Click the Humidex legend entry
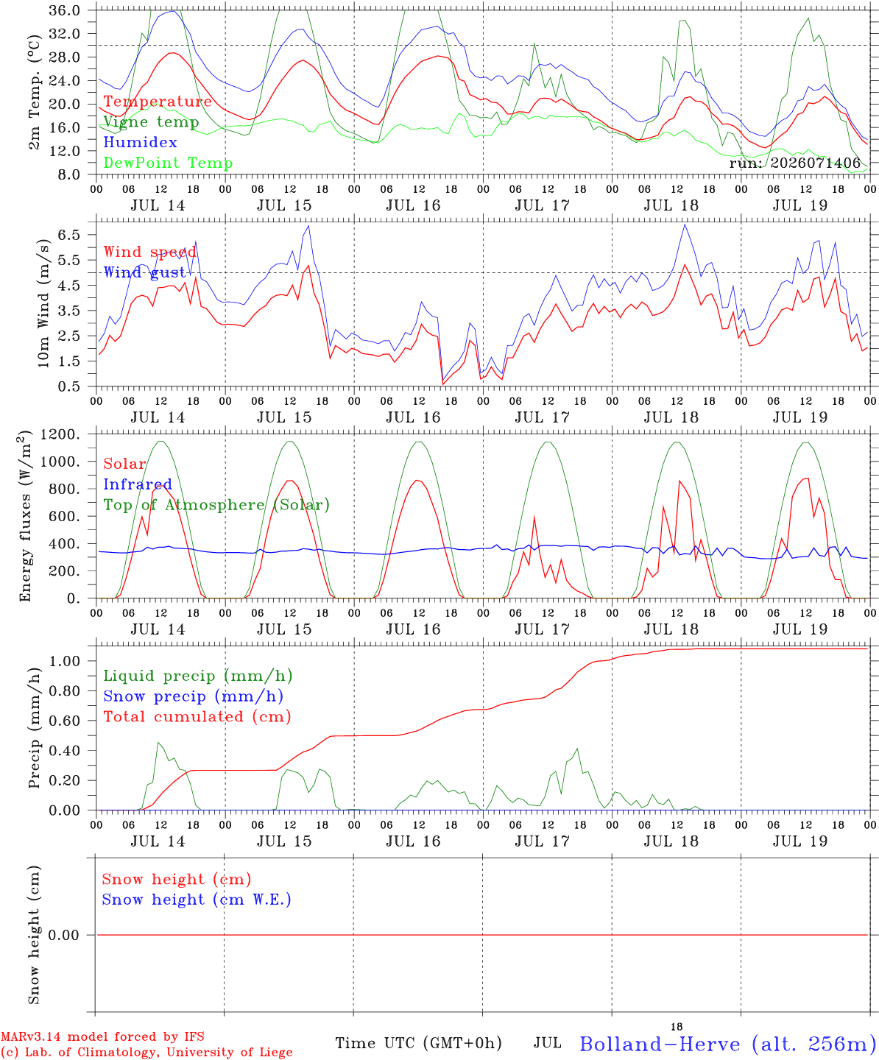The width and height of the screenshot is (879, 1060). pos(140,142)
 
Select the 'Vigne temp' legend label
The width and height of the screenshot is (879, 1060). pos(151,122)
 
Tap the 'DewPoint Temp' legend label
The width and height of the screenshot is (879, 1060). pos(168,163)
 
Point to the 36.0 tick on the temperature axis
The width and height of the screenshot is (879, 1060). pos(64,10)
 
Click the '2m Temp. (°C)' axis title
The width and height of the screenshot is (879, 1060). pos(34,92)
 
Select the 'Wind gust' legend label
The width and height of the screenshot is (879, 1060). pos(144,272)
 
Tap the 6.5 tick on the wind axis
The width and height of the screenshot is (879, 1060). pos(68,235)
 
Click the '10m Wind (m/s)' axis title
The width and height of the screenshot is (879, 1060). pos(43,303)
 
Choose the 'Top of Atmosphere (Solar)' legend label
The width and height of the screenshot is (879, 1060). pos(217,505)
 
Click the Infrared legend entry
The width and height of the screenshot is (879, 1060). pos(138,484)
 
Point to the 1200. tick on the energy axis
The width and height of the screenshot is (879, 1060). pos(60,434)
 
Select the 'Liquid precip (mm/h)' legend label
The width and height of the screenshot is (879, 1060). pos(198,676)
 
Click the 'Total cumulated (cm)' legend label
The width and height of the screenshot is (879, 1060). pos(197,716)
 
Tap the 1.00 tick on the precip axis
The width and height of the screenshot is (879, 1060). pos(65,661)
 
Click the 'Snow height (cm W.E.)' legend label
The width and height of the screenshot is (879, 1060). pos(197,899)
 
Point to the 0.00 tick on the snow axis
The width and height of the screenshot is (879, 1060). pos(63,935)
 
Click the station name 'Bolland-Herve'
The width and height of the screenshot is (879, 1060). pos(660,1044)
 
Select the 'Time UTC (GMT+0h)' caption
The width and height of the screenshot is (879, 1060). pos(418,1043)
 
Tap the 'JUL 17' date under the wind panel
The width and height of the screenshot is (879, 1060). pos(543,417)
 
